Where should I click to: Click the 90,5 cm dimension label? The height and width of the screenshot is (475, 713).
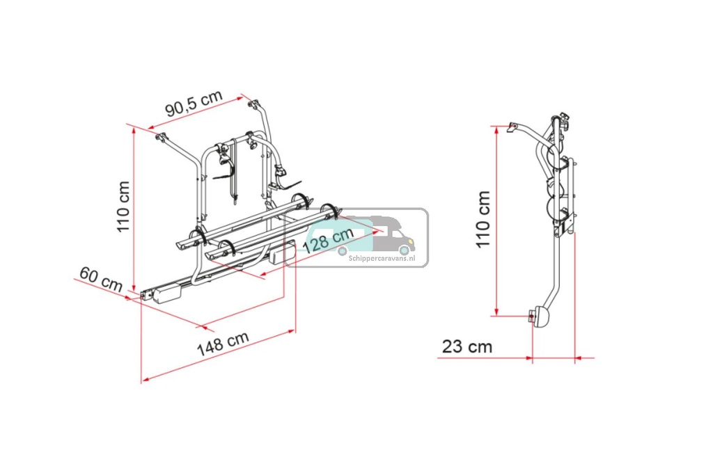[193, 105]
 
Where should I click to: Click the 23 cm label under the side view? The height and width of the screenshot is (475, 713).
[466, 346]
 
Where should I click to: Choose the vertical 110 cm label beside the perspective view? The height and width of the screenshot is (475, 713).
[123, 207]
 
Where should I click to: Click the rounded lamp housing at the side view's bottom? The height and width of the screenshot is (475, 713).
[540, 317]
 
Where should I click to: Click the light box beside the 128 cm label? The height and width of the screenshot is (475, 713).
[283, 254]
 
